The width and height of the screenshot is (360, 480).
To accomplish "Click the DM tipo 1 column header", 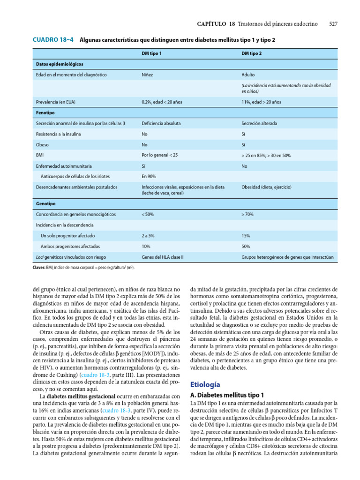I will tap(151, 53).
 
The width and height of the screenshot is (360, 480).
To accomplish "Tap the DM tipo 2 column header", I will tap(251, 53).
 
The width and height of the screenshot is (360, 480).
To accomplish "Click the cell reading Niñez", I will tap(147, 75).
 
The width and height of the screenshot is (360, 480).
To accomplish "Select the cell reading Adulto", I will tap(248, 75).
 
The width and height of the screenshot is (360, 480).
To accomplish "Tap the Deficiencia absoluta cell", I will tap(161, 124).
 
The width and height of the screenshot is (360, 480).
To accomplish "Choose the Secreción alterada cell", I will tap(259, 124).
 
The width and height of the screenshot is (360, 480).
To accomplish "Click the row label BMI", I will tap(40, 155).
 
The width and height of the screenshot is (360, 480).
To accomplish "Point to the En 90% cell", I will tap(149, 177).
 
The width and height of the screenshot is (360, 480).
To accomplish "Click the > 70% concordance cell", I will tap(247, 215).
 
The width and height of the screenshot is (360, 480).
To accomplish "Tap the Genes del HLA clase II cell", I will tap(162, 257).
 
